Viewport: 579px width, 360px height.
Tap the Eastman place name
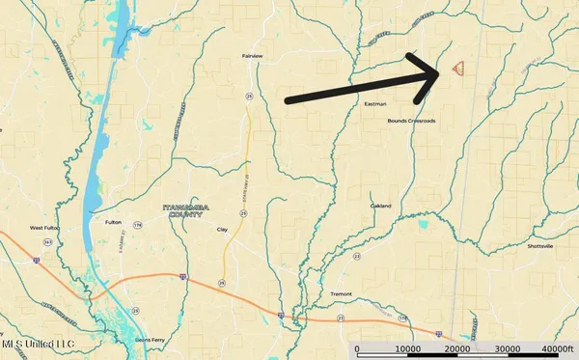pos(375,103)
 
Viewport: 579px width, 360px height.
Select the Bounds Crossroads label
pos(411,121)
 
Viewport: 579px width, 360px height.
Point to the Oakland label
pos(380,206)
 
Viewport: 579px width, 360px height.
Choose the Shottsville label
pos(540,246)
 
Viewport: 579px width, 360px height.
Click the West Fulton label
pos(46,229)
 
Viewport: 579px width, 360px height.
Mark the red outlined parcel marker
pos(459,69)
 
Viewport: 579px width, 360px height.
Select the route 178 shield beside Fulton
pos(138,225)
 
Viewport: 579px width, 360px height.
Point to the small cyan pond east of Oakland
pos(423,225)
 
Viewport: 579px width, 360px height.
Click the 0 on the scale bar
pos(357,349)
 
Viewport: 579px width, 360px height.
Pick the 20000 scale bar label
pos(458,349)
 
